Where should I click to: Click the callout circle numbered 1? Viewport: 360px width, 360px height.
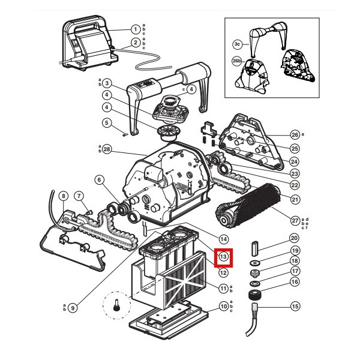point(136,29)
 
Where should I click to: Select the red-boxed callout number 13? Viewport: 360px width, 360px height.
point(223,257)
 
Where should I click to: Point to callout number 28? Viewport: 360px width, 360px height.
point(107,149)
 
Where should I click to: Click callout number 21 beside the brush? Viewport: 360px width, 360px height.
point(295,199)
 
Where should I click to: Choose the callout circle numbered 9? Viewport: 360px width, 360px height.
point(73,308)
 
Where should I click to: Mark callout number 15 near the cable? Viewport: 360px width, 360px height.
point(295,306)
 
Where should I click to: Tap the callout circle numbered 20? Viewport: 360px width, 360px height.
point(295,238)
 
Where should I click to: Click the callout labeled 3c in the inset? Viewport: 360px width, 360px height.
point(238,44)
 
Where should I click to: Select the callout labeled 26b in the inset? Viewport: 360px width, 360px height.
point(236,61)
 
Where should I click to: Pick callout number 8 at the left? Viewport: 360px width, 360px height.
point(62,196)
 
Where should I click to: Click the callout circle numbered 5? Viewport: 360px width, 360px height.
point(107,123)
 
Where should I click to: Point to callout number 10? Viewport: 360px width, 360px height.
point(223,307)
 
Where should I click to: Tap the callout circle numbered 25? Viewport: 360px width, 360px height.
point(295,148)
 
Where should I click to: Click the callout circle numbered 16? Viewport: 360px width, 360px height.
point(295,281)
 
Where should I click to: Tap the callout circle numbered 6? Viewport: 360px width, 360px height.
point(99,179)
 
